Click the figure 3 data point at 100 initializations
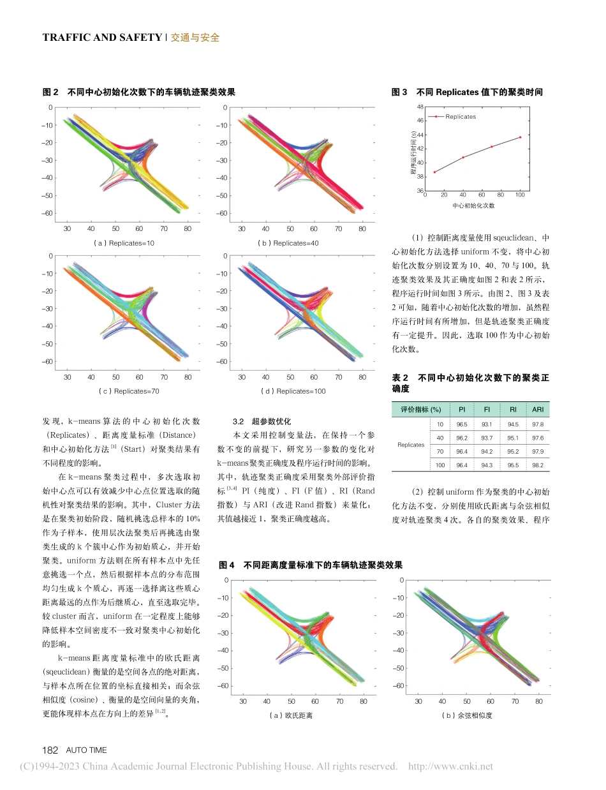tap(520, 137)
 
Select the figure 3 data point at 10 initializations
tap(435, 172)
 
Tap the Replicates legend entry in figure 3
tap(460, 117)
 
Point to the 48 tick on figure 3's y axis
tap(419, 107)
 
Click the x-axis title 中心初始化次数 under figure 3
tap(473, 205)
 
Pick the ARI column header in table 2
tap(537, 409)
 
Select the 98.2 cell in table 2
tap(537, 465)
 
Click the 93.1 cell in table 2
tap(487, 424)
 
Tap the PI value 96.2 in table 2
tap(461, 438)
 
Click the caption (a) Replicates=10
tap(123, 243)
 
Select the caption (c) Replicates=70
tap(128, 391)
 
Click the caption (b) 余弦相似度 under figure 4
tap(467, 715)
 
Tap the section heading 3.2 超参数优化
tap(262, 421)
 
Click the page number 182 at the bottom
tap(50, 750)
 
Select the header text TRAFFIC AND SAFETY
tap(102, 37)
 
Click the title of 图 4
tap(311, 565)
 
